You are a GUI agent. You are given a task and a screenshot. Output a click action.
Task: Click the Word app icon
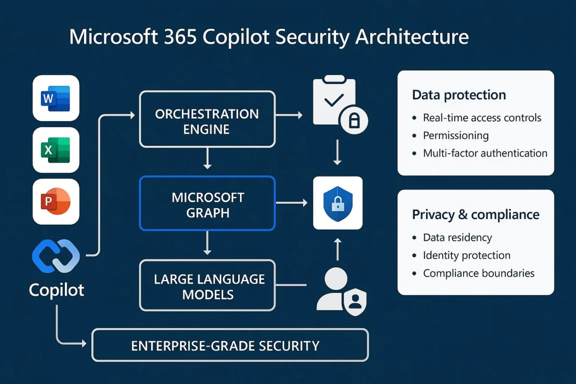[56, 98]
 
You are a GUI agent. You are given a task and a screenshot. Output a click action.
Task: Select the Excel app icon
[56, 150]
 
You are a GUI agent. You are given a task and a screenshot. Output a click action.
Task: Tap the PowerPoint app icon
[56, 202]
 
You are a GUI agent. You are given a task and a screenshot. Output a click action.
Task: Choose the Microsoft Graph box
[207, 204]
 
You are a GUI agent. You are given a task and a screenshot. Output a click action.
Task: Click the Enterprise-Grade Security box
[229, 345]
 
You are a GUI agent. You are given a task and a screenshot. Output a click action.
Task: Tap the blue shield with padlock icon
[337, 203]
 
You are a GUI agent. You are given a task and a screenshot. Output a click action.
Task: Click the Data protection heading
[459, 95]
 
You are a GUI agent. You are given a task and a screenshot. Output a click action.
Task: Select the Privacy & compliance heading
[476, 215]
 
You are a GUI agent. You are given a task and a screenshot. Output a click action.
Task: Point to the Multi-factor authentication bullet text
[485, 153]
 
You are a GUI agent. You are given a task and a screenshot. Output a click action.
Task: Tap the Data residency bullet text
[457, 238]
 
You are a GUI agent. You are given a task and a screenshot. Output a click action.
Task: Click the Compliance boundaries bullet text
[479, 273]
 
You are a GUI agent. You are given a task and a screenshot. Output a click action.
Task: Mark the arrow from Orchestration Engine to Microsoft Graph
[207, 158]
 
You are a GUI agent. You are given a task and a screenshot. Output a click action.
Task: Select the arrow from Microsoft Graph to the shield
[292, 204]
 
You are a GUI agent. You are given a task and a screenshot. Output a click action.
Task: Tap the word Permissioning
[456, 136]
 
